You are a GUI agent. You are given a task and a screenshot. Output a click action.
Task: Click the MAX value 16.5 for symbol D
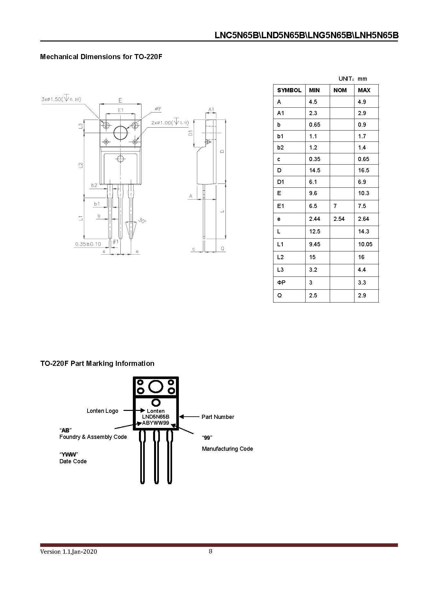[363, 170]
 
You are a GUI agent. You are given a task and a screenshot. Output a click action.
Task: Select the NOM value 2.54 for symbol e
[339, 219]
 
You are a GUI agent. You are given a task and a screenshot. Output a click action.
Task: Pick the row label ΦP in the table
[281, 283]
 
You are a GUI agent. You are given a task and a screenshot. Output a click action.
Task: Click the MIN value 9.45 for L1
[315, 244]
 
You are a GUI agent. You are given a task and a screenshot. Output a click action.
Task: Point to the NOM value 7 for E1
[335, 206]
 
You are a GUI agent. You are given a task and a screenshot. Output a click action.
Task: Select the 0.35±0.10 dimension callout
[88, 244]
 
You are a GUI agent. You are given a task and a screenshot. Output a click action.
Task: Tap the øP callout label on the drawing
[158, 109]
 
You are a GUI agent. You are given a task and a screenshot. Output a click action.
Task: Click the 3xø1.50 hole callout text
[61, 99]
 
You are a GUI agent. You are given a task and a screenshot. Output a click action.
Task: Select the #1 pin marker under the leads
[115, 241]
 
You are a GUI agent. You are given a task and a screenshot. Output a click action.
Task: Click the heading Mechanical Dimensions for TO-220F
[101, 57]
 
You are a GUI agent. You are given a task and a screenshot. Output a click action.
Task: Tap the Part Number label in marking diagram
[217, 417]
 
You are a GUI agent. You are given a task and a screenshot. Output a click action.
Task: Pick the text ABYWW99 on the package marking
[155, 423]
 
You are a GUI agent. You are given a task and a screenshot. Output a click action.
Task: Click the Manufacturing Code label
[227, 449]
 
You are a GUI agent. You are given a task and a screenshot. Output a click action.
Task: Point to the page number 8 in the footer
[211, 551]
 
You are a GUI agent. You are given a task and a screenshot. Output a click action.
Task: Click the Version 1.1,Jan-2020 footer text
[69, 552]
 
